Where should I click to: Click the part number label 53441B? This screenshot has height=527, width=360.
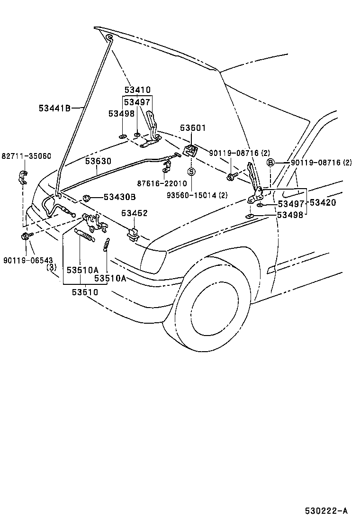click(54, 108)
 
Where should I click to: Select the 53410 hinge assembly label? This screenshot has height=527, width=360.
click(137, 90)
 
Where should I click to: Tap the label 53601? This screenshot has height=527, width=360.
click(193, 127)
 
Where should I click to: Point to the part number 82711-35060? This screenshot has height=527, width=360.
click(26, 156)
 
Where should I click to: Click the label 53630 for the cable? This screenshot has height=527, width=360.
click(98, 161)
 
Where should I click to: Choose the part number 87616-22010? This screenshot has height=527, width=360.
click(162, 183)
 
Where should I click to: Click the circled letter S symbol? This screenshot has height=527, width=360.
click(191, 171)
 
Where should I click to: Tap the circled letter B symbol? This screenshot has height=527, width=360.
click(270, 163)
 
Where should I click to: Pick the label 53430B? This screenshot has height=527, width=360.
click(120, 197)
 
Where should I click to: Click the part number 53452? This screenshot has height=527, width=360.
click(134, 213)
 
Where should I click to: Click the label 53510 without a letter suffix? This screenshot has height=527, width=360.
click(85, 292)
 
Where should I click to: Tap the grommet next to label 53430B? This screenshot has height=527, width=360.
click(87, 197)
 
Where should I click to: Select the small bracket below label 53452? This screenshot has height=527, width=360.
click(133, 234)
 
